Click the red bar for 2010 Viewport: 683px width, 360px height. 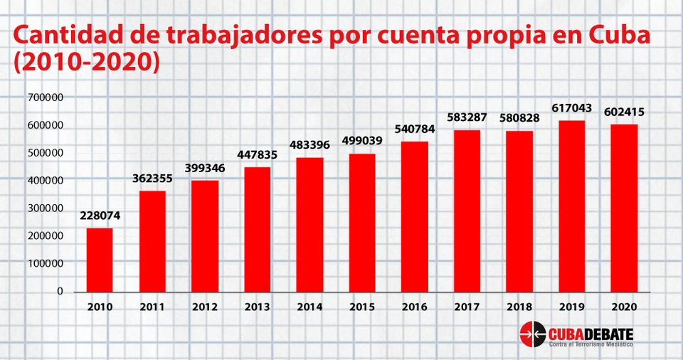pyautogui.click(x=100, y=260)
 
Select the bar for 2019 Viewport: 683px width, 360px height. pyautogui.click(x=571, y=206)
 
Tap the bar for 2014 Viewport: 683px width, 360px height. pyautogui.click(x=309, y=224)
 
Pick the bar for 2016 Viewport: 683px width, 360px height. pyautogui.click(x=414, y=216)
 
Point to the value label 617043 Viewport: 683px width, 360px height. pyautogui.click(x=571, y=108)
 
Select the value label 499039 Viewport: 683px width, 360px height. pyautogui.click(x=362, y=140)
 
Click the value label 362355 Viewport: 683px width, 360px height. pyautogui.click(x=152, y=178)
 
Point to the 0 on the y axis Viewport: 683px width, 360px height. pyautogui.click(x=60, y=291)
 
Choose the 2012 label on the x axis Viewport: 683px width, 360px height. pyautogui.click(x=205, y=307)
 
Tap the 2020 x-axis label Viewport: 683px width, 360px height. pyautogui.click(x=623, y=307)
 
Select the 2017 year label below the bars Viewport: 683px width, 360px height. pyautogui.click(x=467, y=307)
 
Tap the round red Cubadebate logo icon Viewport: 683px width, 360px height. pyautogui.click(x=531, y=333)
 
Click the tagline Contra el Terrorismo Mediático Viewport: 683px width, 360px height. pyautogui.click(x=590, y=344)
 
